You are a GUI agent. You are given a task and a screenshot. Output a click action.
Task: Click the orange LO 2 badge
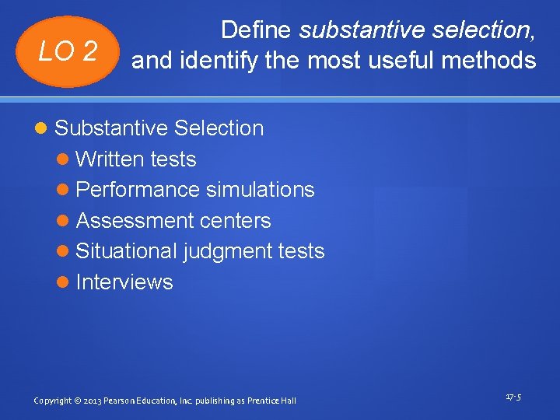pos(69,52)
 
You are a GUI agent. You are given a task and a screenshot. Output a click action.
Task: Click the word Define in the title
pos(256,30)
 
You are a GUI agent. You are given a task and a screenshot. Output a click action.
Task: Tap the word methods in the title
pos(495,60)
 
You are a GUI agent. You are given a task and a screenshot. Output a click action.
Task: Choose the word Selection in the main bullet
pos(220,128)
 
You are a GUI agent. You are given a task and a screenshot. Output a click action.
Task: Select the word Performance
pos(138,190)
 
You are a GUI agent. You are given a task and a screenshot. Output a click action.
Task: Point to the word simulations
pos(261,190)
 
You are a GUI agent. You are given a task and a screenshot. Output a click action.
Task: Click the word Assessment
pos(135,221)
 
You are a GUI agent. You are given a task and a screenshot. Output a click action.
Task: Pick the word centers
pos(236,221)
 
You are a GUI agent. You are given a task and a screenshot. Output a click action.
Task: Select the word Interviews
pos(124,282)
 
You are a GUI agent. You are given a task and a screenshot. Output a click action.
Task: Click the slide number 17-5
pos(513,397)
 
